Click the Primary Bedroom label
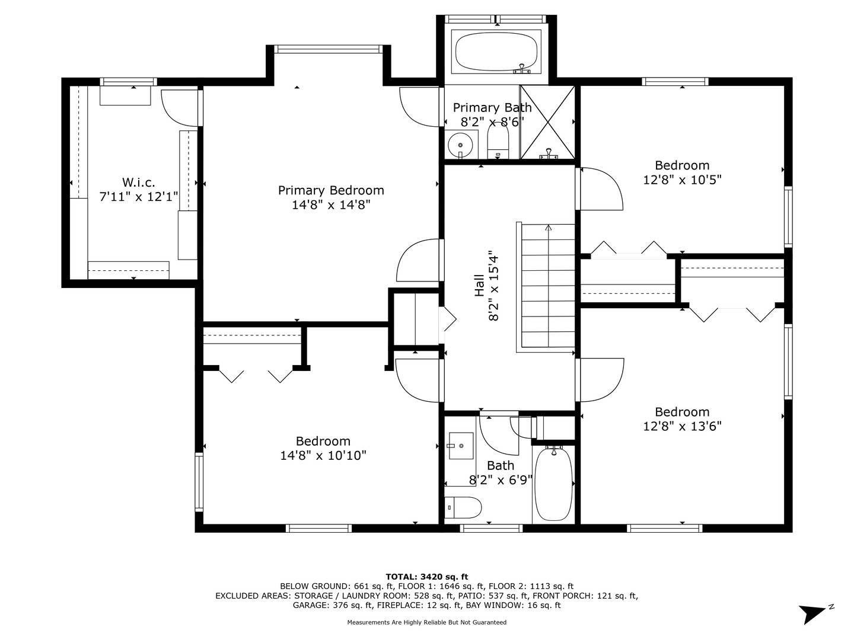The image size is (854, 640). click(331, 190)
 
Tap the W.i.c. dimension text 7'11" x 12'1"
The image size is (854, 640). click(139, 197)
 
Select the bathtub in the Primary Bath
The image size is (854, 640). click(496, 52)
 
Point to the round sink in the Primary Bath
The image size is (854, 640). click(460, 145)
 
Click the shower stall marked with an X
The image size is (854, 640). click(547, 122)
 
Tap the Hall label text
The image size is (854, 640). click(480, 286)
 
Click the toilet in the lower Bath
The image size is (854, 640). click(463, 507)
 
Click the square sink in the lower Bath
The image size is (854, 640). click(461, 446)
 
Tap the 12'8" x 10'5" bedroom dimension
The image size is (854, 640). click(682, 180)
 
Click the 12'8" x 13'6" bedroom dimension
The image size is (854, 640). click(682, 426)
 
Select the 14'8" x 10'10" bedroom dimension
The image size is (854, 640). click(323, 456)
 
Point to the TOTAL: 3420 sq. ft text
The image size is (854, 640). click(427, 577)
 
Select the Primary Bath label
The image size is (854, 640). click(492, 107)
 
